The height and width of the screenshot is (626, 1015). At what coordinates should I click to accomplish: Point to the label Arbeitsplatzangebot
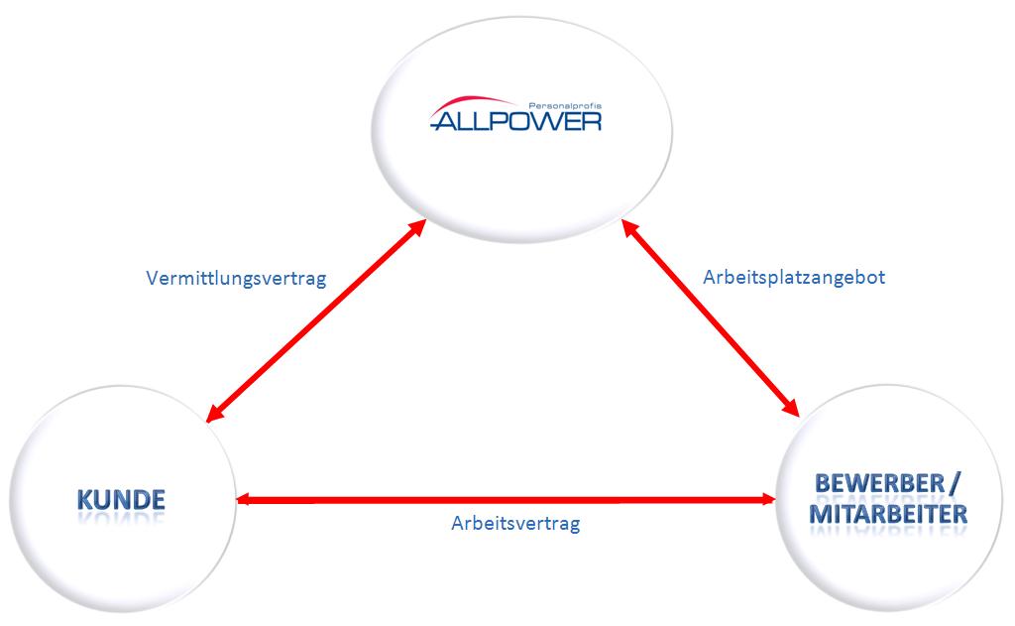794,278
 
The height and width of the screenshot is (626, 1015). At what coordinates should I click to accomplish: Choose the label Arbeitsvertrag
514,524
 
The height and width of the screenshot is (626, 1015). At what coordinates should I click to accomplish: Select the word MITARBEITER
888,515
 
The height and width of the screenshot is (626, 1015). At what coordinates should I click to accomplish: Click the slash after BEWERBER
955,484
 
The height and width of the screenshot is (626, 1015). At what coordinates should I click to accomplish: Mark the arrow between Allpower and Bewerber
711,319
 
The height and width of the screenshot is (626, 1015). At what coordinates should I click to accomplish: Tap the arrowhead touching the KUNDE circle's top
212,413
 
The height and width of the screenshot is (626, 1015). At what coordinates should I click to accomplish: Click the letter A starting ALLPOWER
446,121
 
